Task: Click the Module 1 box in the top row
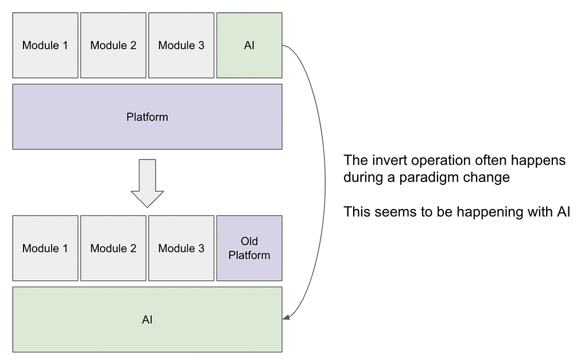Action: coord(45,45)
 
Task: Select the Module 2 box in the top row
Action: coord(113,45)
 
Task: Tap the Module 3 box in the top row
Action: coord(181,45)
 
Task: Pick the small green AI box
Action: coord(249,45)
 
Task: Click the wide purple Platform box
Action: coord(148,117)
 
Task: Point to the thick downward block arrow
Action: coord(148,183)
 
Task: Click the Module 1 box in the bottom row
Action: coord(45,248)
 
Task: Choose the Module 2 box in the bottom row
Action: coord(113,248)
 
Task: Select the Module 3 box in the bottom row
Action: coord(181,248)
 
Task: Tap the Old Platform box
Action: coord(249,248)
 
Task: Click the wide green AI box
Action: coord(148,319)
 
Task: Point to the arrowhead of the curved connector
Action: coord(286,318)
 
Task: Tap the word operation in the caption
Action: coord(441,161)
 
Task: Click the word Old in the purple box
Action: coord(249,241)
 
